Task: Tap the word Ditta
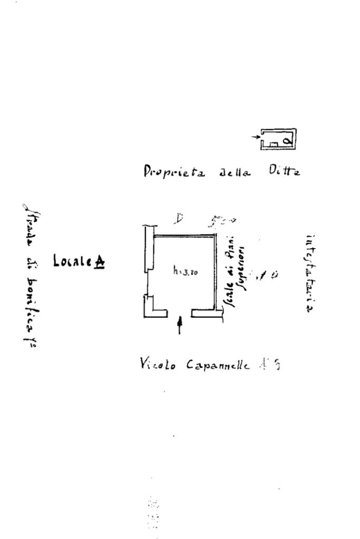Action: point(284,171)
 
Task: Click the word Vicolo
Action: point(158,364)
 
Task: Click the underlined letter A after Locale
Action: point(99,261)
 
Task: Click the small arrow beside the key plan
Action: point(255,137)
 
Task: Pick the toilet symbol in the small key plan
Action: point(287,141)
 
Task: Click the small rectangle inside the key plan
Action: point(274,142)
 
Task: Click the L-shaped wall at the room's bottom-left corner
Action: point(153,309)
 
